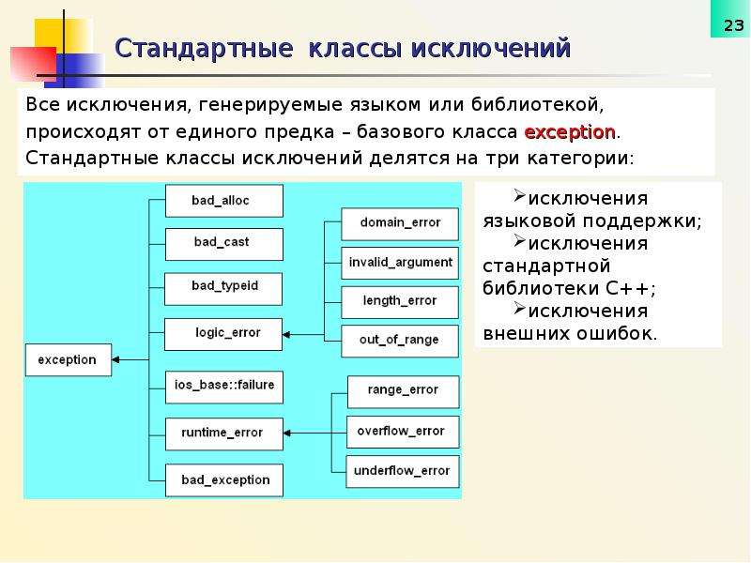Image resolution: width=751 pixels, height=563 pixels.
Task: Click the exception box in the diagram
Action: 69,359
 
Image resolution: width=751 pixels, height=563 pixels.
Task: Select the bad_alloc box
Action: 224,201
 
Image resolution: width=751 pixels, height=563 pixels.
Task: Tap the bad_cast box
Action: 224,244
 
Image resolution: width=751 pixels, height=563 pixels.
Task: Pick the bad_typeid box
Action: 223,289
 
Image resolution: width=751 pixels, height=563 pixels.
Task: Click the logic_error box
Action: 223,334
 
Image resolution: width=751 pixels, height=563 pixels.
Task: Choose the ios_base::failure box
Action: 224,387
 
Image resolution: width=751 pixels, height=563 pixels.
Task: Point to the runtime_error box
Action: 224,434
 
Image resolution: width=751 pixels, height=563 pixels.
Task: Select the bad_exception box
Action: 224,480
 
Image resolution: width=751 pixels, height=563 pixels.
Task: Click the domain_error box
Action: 400,224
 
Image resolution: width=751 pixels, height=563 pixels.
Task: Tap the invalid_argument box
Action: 400,263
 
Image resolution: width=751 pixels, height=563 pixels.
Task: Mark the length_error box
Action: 400,302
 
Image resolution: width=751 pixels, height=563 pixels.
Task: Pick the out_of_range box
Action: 400,341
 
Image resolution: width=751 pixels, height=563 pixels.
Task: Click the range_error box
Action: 404,391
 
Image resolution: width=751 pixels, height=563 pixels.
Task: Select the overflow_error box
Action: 403,432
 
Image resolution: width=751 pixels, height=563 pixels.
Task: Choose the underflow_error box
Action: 403,472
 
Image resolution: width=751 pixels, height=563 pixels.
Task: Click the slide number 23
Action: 733,25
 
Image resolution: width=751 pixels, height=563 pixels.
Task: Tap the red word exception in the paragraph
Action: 570,131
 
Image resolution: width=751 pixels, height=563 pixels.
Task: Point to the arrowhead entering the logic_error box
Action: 286,335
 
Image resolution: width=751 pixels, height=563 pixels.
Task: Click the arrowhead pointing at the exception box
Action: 115,359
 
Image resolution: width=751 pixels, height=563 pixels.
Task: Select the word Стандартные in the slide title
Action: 204,48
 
